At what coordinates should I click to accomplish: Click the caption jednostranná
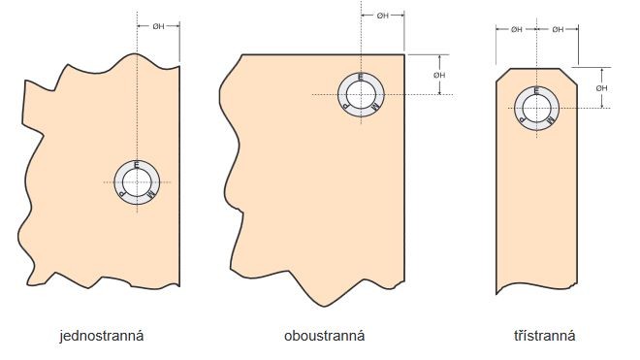point(102,336)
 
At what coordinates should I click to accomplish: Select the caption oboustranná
point(325,336)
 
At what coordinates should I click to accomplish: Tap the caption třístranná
point(545,336)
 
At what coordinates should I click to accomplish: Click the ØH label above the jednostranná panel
point(158,26)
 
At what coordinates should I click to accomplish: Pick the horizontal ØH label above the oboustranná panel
point(382,16)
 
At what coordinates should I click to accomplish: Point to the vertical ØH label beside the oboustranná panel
point(439,75)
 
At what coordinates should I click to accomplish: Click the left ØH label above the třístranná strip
point(516,29)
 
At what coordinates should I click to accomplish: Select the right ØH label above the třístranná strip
point(558,29)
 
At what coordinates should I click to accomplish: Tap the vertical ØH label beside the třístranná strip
point(601,88)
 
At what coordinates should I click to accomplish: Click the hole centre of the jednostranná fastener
point(137,182)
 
